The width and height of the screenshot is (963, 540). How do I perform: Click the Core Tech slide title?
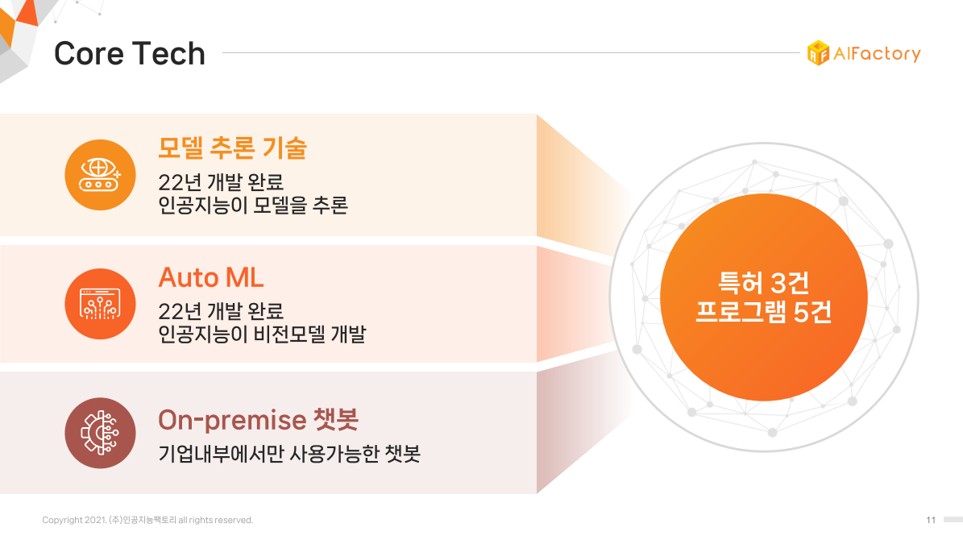tap(130, 53)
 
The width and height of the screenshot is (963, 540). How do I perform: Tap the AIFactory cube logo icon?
tap(818, 53)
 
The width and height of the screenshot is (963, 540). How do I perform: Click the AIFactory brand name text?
tap(877, 54)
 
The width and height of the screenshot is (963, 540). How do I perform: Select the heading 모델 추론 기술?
tap(232, 148)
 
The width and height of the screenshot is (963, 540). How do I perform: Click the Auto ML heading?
tap(211, 278)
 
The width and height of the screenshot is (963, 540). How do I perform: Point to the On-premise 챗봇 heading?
tap(259, 420)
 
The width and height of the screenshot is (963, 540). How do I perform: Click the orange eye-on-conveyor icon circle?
tap(100, 175)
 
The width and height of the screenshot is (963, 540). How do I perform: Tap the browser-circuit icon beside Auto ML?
tap(100, 304)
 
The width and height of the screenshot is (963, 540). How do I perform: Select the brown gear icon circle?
tap(100, 433)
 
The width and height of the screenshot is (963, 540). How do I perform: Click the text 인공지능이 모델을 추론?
tap(253, 206)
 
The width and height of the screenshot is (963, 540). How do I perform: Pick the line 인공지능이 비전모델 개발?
tap(262, 334)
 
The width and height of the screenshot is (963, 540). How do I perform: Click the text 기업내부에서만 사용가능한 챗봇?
tap(289, 454)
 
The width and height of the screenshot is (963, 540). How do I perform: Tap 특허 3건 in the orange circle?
tap(763, 283)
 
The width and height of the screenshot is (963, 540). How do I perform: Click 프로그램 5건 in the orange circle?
tap(763, 311)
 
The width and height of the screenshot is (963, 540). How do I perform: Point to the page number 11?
tap(931, 520)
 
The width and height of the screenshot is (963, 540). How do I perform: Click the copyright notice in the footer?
tap(147, 520)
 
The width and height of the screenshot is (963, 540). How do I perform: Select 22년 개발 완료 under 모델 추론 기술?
tap(221, 182)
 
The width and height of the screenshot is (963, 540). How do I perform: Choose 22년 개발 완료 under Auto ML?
tap(221, 311)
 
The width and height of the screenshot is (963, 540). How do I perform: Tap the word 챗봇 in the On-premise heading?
tap(336, 420)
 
